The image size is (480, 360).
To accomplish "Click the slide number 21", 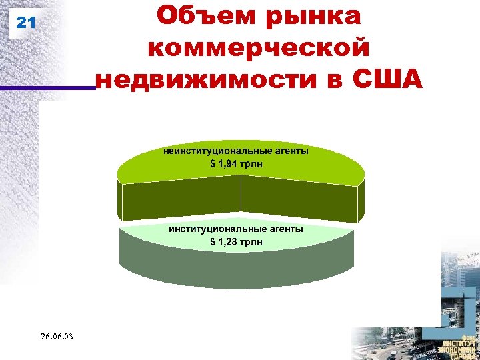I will click(x=25, y=23).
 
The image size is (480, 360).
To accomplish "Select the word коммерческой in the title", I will click(x=258, y=48).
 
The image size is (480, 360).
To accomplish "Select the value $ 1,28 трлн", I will click(x=236, y=241).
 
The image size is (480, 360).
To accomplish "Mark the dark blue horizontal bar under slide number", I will click(x=47, y=87).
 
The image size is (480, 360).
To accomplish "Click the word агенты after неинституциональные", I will click(x=288, y=151).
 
